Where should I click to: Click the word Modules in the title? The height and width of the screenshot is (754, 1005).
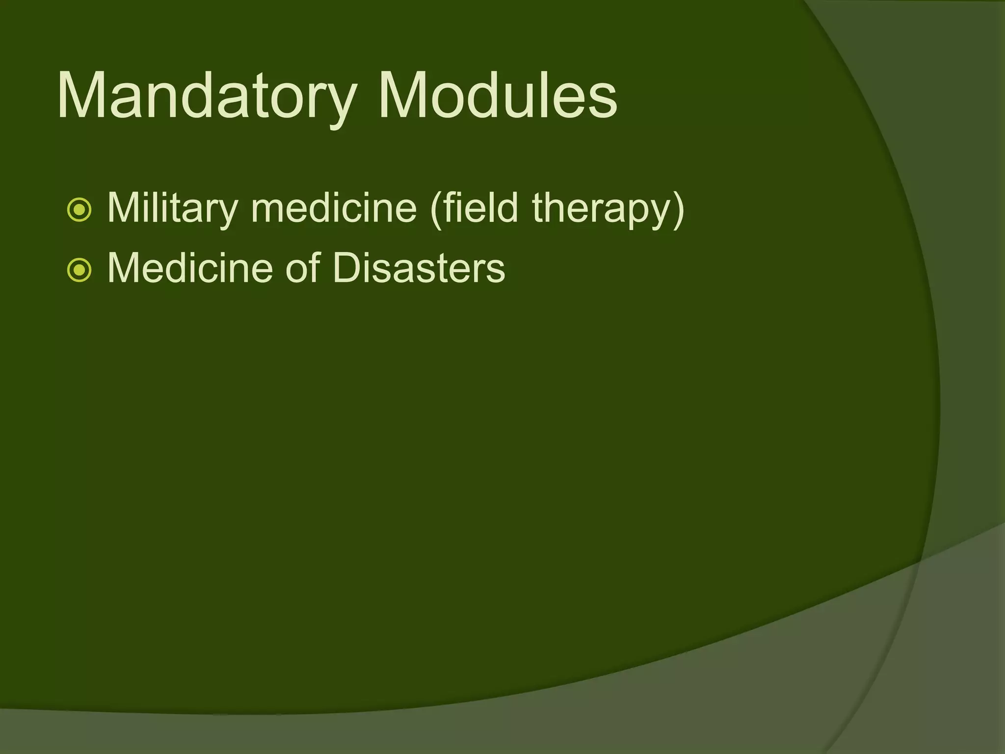[x=497, y=96]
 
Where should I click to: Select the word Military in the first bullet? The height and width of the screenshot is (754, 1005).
[x=172, y=209]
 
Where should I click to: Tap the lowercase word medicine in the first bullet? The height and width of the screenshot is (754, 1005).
[x=334, y=209]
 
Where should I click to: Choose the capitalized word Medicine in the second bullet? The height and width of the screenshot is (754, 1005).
[x=189, y=269]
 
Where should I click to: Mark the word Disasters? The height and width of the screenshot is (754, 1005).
[x=419, y=269]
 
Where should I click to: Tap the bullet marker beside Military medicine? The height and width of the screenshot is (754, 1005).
[x=79, y=210]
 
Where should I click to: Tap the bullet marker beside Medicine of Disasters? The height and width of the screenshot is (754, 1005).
[x=79, y=270]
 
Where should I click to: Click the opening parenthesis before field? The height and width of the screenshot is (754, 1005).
[x=435, y=210]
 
